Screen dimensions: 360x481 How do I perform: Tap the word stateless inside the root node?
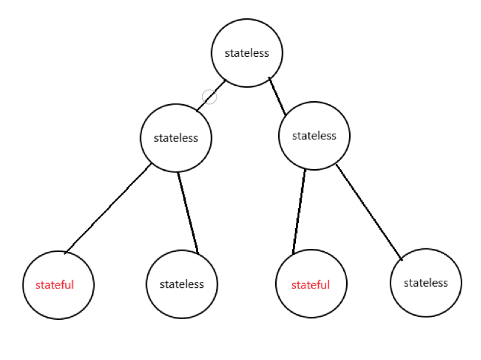click(x=247, y=53)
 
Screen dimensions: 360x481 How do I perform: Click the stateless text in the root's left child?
click(x=176, y=138)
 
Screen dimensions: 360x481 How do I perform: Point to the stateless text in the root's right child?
click(x=314, y=135)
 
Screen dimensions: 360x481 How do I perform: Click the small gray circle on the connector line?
click(x=209, y=96)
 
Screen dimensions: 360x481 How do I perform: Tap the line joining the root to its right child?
click(x=277, y=96)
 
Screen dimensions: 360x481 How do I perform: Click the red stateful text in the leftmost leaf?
click(x=54, y=284)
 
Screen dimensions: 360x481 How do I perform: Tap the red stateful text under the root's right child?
click(x=311, y=285)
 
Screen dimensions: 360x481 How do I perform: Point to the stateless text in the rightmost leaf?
click(x=426, y=283)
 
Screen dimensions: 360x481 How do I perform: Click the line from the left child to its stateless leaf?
click(x=188, y=212)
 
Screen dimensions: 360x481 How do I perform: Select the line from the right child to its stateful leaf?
click(x=299, y=212)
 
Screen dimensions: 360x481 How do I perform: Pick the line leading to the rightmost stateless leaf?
click(x=369, y=211)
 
